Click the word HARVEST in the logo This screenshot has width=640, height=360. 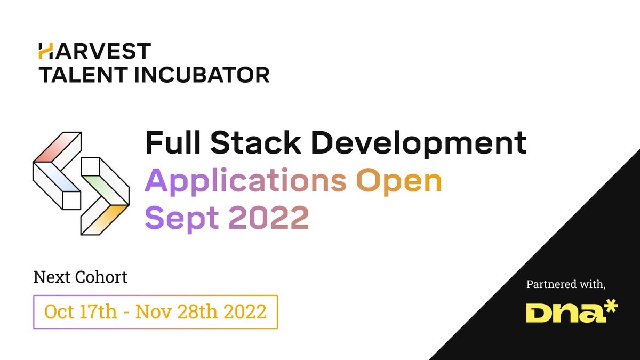(x=94, y=51)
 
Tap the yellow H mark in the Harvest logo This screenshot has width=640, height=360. (x=45, y=51)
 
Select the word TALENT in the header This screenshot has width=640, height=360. (x=75, y=74)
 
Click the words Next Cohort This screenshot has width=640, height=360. (x=81, y=277)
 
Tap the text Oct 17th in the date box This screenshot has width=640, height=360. (x=81, y=311)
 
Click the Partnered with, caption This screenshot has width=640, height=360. (x=566, y=285)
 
